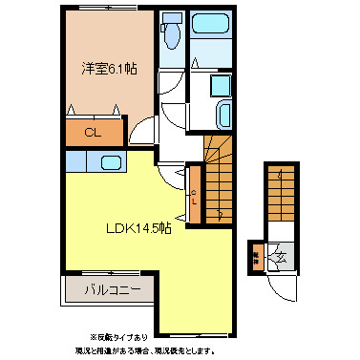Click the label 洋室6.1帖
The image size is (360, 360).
pos(107,68)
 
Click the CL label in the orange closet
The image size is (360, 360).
pos(95,133)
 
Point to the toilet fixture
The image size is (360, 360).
pos(172,35)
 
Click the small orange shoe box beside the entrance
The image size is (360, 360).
pos(256,254)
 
